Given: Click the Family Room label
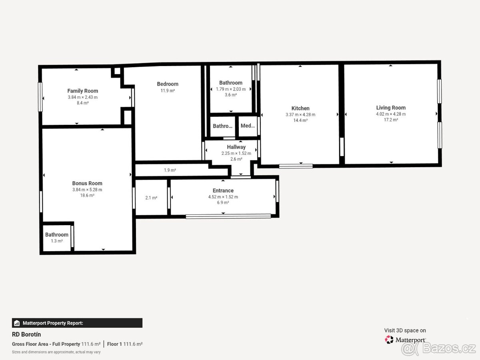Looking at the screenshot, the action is click(x=83, y=91).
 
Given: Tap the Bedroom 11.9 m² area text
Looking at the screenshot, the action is click(x=168, y=90).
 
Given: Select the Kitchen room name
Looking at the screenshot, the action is click(x=300, y=108).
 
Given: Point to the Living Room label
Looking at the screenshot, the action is click(x=391, y=108).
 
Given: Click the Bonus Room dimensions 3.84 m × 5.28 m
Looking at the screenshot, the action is click(x=87, y=190).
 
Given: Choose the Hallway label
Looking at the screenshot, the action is click(x=236, y=147).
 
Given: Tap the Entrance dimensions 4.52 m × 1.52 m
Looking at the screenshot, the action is click(x=223, y=197).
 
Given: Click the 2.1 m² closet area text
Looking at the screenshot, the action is click(x=151, y=198).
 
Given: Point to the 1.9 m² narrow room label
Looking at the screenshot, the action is click(x=170, y=170).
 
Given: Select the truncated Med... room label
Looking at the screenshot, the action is click(x=248, y=126).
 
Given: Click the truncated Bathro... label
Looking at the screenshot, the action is click(x=223, y=126).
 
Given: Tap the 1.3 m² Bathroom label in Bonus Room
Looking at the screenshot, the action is click(x=57, y=241).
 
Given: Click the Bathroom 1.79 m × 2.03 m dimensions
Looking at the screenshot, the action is click(x=231, y=89).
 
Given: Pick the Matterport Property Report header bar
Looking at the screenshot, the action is click(x=77, y=323).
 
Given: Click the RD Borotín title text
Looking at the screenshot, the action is click(x=26, y=334).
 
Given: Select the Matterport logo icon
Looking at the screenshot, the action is click(x=389, y=340).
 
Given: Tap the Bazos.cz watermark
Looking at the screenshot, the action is click(x=438, y=348).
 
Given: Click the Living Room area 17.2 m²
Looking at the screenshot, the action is click(x=391, y=120).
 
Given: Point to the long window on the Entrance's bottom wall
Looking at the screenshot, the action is click(x=228, y=216).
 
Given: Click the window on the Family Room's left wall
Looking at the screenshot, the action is click(x=40, y=97).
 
